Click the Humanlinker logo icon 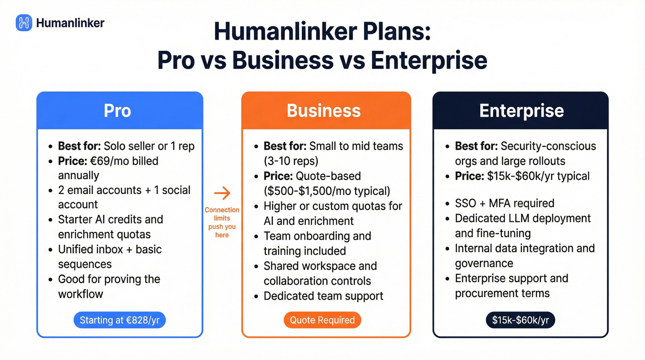(24, 23)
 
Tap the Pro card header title (117, 111)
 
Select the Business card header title (323, 111)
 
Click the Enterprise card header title (521, 111)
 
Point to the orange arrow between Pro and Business (222, 193)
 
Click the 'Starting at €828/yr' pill (119, 320)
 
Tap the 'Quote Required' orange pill (322, 320)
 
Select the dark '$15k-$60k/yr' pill (520, 320)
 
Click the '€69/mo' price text (121, 161)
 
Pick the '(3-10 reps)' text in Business (290, 161)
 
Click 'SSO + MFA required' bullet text (504, 203)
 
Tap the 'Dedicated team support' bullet (323, 296)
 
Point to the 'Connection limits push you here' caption (222, 222)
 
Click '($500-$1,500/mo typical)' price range (327, 191)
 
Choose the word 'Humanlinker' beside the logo (70, 23)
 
